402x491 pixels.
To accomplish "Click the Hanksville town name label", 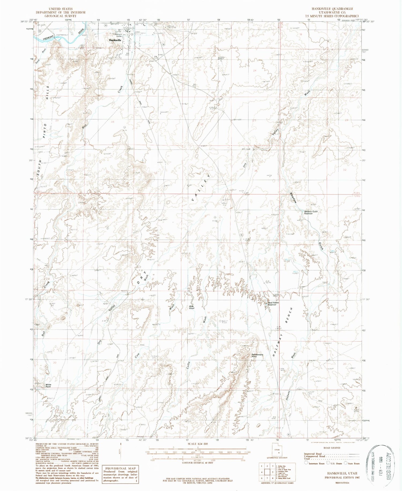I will (115, 40).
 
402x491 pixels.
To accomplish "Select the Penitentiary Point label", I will (258, 355).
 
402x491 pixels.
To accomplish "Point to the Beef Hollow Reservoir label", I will (274, 304).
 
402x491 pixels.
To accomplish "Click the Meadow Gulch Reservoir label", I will (311, 213).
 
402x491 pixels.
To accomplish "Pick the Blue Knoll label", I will (192, 307).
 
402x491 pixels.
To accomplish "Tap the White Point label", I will (48, 386).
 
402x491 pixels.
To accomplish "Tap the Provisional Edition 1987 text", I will (342, 477).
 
